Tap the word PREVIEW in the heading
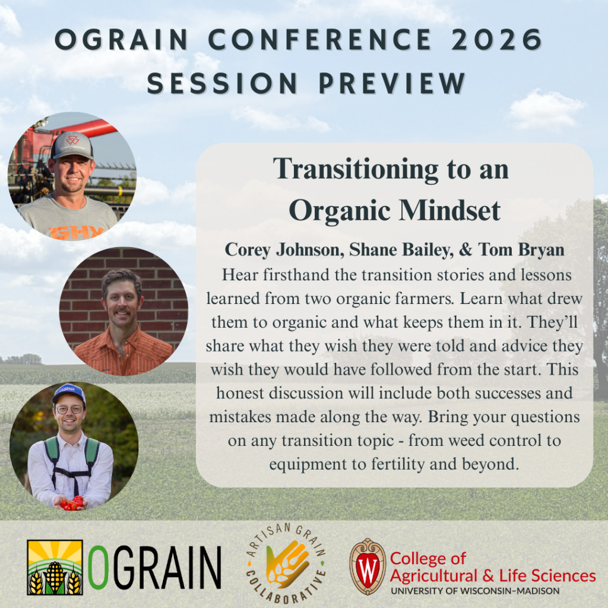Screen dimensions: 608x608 (392, 83)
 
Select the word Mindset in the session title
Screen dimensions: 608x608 (450, 210)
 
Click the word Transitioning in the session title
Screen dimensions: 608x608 (356, 169)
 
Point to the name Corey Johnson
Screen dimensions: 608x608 (284, 250)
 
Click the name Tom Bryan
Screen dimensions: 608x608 (521, 250)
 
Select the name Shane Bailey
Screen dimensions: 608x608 (401, 250)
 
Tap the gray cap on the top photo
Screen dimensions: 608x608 (72, 145)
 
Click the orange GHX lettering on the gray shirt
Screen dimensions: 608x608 (76, 232)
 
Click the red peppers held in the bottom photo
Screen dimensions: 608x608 (71, 502)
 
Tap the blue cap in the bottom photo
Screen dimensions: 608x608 (69, 393)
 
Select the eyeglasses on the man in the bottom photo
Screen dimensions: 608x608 (69, 409)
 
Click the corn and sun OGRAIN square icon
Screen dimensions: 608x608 (55, 567)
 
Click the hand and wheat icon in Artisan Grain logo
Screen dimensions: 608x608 (287, 564)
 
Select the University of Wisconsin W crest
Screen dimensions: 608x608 (368, 566)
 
